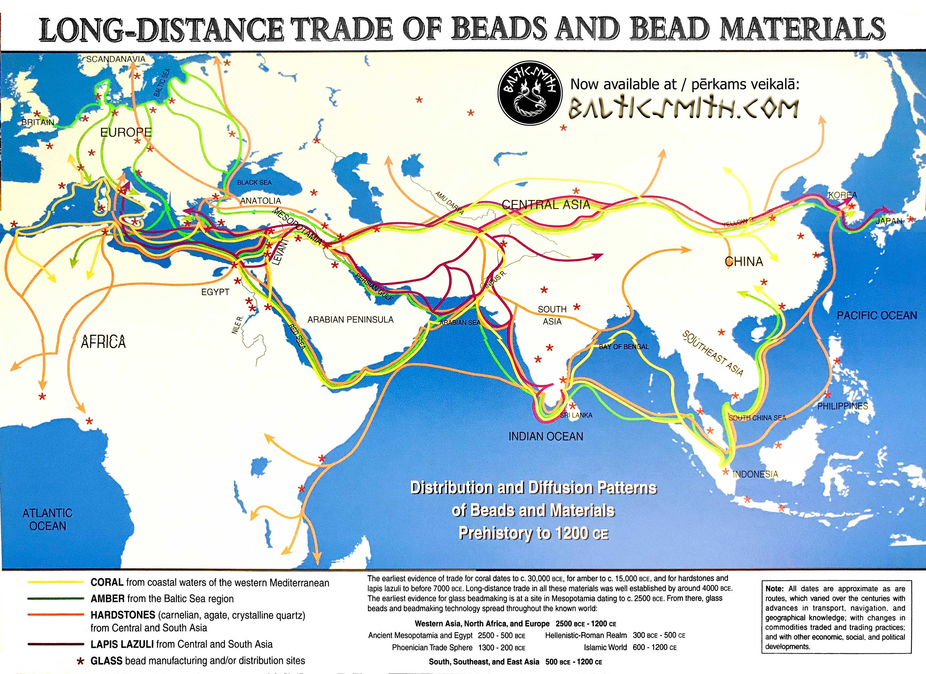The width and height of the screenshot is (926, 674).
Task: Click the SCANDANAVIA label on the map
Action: click(115, 59)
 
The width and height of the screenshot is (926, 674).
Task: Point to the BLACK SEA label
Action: click(254, 182)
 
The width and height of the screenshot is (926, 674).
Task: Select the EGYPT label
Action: click(215, 292)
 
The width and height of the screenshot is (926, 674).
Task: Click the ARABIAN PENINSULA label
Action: click(350, 320)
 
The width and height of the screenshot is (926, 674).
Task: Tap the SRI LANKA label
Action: click(576, 415)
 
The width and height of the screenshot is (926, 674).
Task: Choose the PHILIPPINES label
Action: click(842, 406)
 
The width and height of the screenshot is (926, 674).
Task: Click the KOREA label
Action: click(842, 195)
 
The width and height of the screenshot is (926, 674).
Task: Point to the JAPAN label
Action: click(889, 221)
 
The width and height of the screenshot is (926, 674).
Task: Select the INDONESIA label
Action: click(755, 474)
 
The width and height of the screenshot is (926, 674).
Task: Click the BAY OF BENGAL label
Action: click(624, 347)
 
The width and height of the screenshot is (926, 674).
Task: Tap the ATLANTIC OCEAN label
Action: click(48, 519)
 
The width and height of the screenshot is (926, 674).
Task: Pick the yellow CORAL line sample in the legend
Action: click(55, 583)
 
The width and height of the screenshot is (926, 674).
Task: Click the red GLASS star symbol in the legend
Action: click(81, 661)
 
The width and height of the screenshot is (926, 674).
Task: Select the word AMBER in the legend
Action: click(107, 599)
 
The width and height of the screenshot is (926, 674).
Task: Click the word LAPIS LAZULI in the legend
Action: click(122, 644)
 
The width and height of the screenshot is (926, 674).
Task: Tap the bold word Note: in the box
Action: click(774, 588)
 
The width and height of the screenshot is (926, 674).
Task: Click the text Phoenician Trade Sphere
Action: click(432, 647)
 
